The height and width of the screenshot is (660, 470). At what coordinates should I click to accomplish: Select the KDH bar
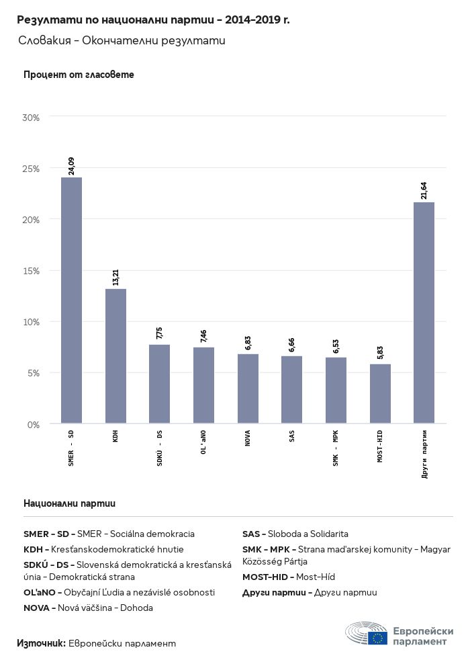tap(115, 356)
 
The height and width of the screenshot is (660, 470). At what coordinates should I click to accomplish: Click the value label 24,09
tap(71, 165)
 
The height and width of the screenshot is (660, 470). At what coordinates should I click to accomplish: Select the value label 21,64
tap(424, 190)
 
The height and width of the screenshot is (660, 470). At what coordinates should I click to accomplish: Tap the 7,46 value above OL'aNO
tap(203, 335)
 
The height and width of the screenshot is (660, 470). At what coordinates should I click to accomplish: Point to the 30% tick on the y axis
tap(32, 118)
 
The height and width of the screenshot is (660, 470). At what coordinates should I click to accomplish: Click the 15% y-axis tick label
tap(32, 271)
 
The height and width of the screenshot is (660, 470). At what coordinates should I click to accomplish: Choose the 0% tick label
tap(34, 424)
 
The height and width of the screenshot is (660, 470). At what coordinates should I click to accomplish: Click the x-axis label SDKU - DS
tap(159, 447)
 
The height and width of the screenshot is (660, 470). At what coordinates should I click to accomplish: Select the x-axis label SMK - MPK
tap(336, 448)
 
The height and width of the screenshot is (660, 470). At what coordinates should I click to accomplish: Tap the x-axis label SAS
tap(291, 437)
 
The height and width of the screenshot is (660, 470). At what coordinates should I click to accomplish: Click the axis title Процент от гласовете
tap(79, 75)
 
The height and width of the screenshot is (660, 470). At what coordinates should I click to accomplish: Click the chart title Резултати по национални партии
tap(153, 20)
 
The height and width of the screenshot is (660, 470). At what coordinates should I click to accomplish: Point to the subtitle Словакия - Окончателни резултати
tap(122, 41)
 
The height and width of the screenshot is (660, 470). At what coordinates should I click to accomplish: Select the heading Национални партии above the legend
tap(69, 503)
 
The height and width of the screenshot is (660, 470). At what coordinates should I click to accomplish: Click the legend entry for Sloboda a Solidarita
tap(295, 534)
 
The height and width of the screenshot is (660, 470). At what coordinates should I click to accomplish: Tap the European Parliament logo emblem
tap(367, 633)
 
